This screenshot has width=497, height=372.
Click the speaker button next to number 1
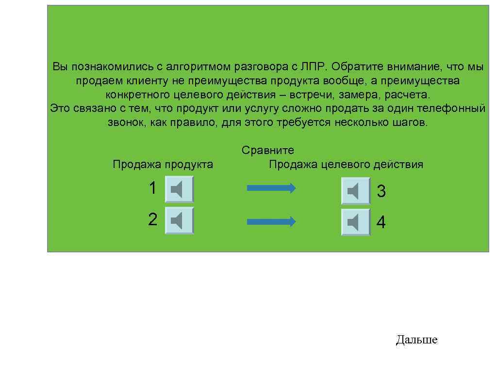[x=179, y=189]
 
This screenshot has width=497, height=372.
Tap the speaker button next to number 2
[x=179, y=220]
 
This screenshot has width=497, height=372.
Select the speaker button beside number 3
[x=355, y=191]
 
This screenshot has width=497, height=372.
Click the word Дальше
[x=416, y=340]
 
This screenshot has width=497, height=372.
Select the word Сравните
[x=268, y=151]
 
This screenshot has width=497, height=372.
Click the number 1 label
[x=153, y=188]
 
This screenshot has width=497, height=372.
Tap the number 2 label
[x=153, y=219]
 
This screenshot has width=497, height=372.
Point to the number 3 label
[x=381, y=192]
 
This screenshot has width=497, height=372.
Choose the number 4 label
[x=381, y=223]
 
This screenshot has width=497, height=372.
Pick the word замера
[x=357, y=94]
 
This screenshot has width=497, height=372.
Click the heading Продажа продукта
[x=163, y=165]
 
